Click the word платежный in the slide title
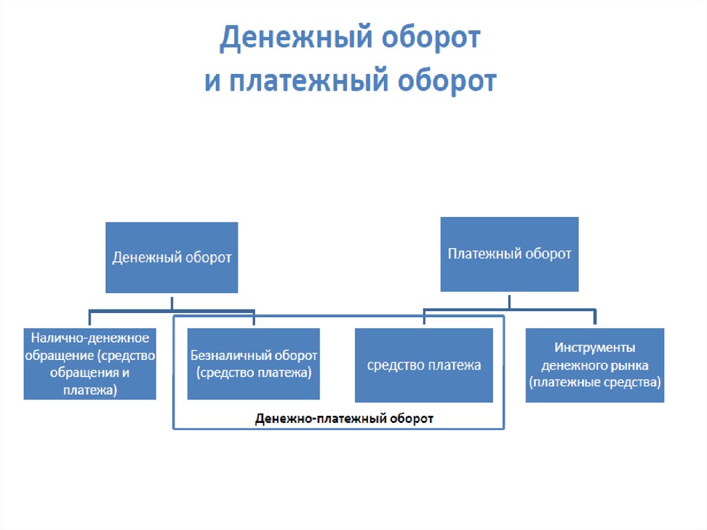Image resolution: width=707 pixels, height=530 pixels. [x=309, y=82]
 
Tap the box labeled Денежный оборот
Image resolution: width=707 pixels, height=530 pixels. [x=172, y=257]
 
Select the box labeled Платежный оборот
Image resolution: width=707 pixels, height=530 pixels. [x=510, y=254]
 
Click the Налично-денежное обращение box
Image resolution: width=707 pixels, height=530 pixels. [x=90, y=364]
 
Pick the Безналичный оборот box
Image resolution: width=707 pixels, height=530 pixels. [x=253, y=364]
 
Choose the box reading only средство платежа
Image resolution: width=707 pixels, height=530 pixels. [x=424, y=366]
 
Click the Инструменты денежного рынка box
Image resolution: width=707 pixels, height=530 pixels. [x=594, y=366]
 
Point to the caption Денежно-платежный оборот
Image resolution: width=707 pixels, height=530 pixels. [x=344, y=419]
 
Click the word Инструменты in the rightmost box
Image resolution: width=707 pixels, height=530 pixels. [x=594, y=347]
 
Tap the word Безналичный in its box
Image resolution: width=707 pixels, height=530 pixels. [x=229, y=355]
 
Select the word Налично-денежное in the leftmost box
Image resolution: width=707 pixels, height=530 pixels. [x=90, y=338]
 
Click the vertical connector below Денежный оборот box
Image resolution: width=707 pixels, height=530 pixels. [x=172, y=303]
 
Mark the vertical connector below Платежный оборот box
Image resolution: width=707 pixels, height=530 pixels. [x=510, y=302]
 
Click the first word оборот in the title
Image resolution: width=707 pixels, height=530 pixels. [x=431, y=38]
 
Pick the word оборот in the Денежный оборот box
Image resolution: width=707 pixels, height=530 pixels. [x=209, y=258]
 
